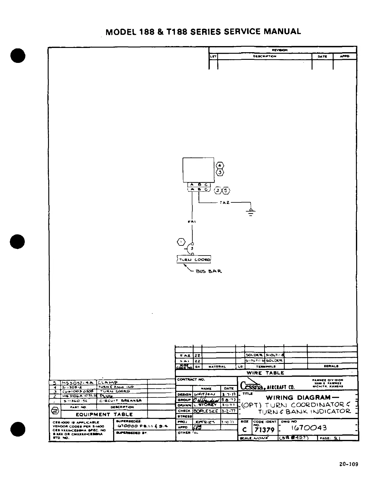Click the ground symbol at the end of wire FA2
[251, 212]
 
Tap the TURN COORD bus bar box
[194, 259]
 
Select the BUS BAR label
[209, 271]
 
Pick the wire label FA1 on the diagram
[192, 222]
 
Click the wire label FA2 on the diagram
[224, 203]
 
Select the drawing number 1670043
[309, 428]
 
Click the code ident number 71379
[264, 430]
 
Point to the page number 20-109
[349, 464]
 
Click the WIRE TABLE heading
[265, 373]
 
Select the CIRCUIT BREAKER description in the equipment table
[120, 401]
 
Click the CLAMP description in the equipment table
[108, 382]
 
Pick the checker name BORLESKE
[206, 411]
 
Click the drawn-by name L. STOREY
[205, 405]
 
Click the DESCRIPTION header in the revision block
[264, 56]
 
